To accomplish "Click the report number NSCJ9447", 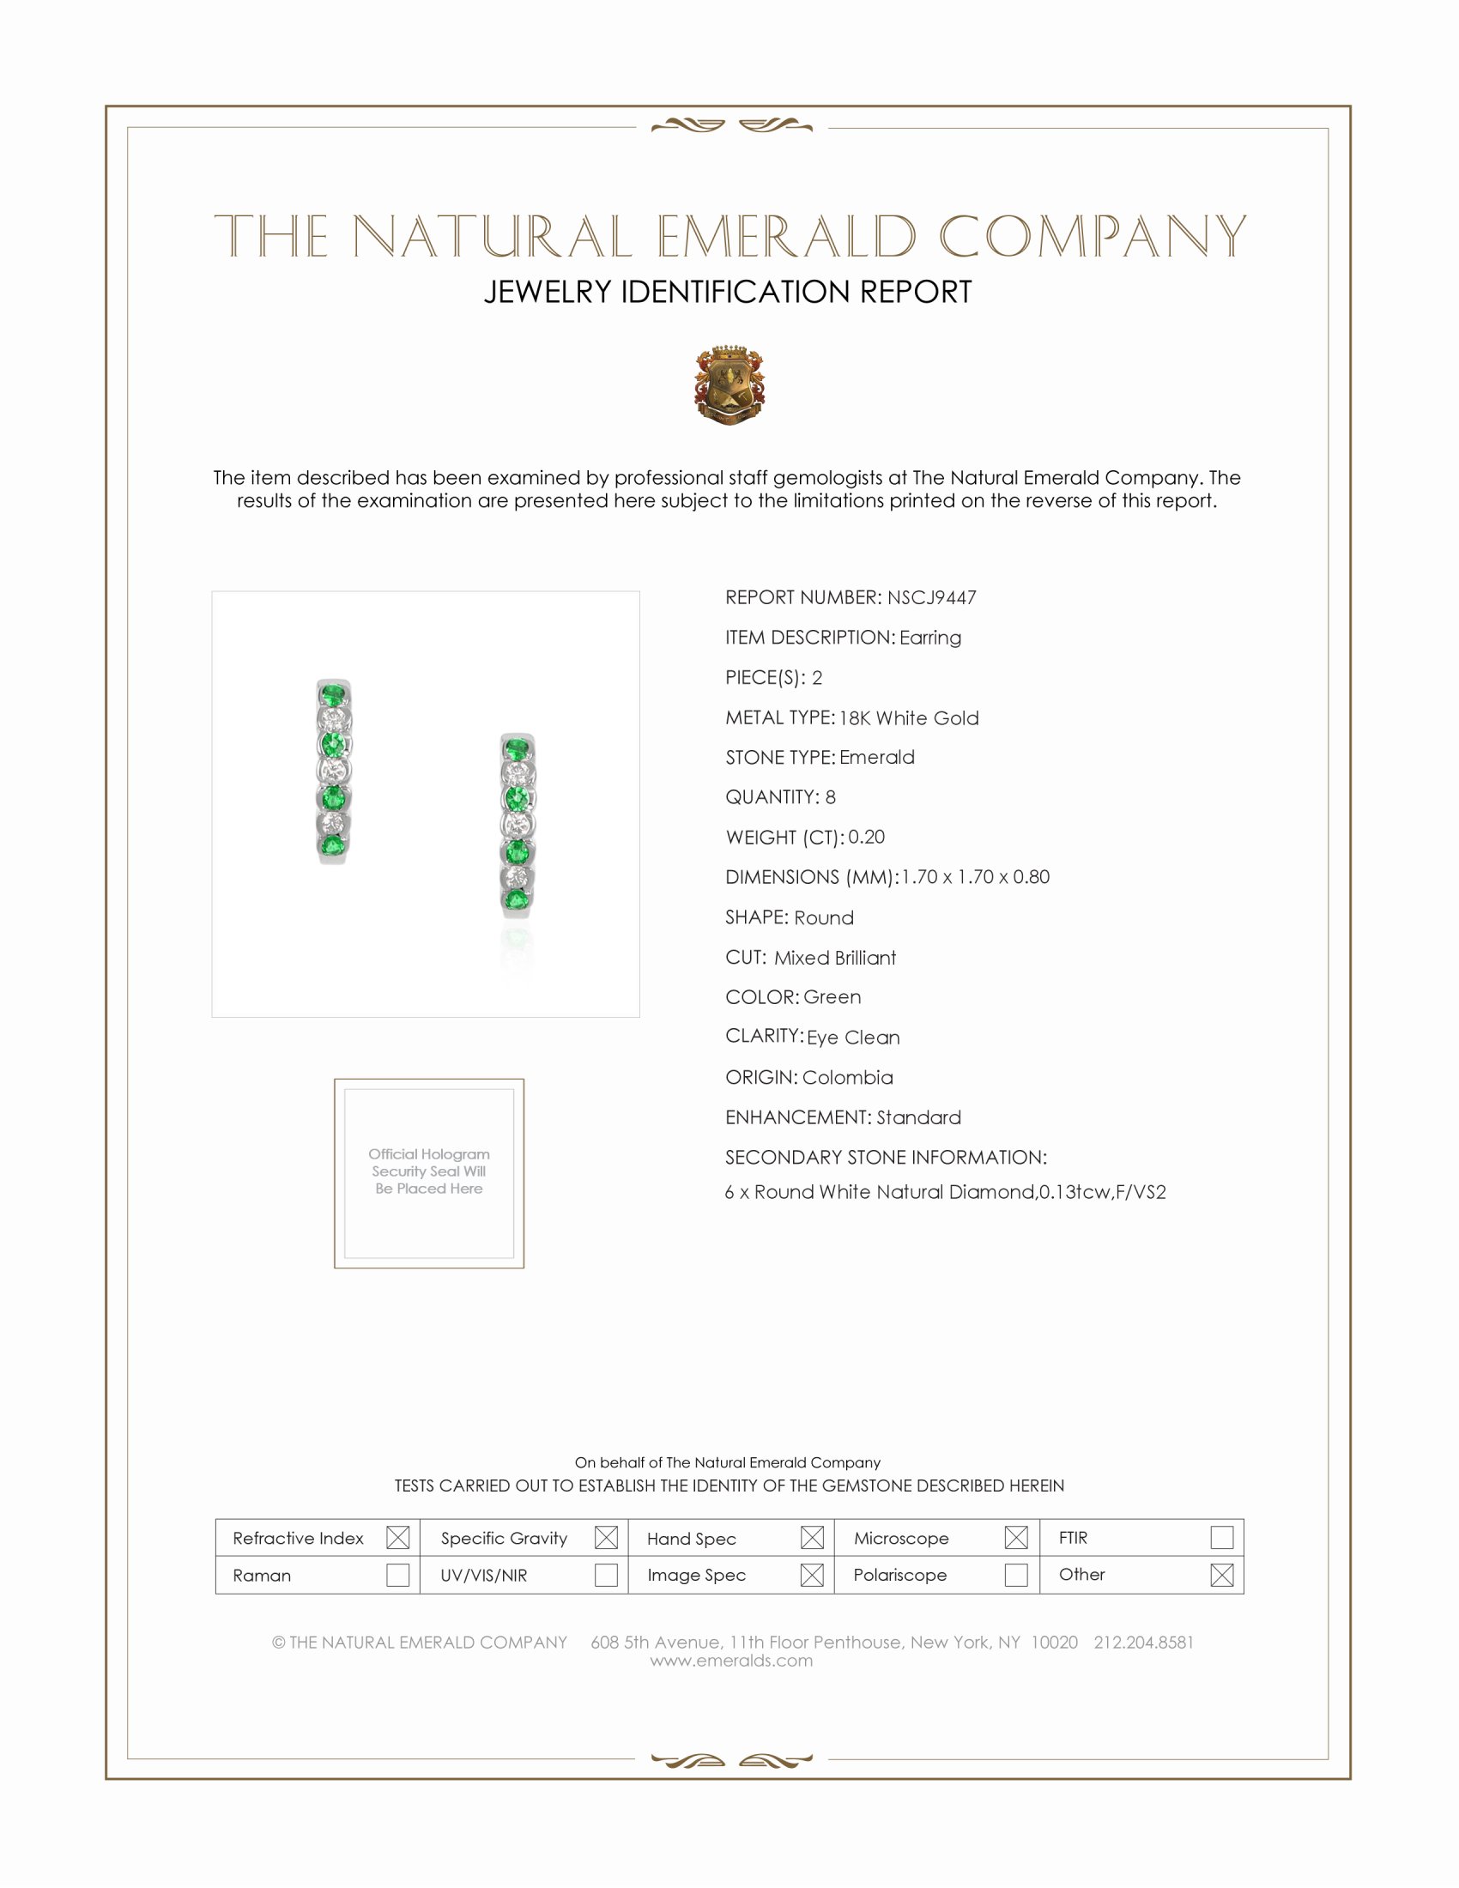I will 931,597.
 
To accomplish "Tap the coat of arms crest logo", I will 729,384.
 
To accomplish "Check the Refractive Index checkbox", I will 397,1538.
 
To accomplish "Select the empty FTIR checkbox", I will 1221,1538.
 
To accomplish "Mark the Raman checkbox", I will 397,1575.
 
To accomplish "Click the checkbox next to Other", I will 1221,1575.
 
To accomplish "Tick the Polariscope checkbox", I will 1016,1575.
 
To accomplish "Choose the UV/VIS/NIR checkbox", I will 606,1575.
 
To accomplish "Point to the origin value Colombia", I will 847,1077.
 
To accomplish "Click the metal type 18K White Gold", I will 908,717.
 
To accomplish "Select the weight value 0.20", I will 866,837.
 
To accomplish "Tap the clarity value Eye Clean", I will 853,1038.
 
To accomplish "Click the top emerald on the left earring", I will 333,693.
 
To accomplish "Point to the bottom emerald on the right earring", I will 517,901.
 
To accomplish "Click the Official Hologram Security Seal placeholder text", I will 429,1171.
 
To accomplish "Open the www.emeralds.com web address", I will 731,1661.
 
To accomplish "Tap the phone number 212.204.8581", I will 1143,1643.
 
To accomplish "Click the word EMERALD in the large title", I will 785,237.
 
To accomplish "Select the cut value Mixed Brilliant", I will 835,958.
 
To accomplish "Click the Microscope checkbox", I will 1016,1538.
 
